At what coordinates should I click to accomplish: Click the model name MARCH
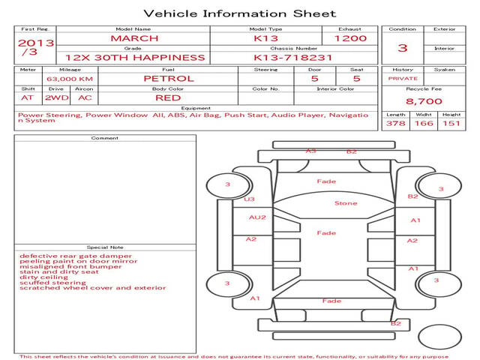click(134, 38)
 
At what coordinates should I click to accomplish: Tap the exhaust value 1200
click(350, 38)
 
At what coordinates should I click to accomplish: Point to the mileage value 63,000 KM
click(69, 79)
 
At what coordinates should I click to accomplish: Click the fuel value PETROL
click(169, 78)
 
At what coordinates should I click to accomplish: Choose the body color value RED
click(169, 97)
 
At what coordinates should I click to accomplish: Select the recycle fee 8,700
click(424, 100)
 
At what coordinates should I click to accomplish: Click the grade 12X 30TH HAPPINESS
click(135, 57)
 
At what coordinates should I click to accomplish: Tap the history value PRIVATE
click(403, 78)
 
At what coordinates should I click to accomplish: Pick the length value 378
click(395, 124)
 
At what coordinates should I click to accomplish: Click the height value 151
click(451, 124)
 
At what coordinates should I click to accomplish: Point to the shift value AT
click(28, 97)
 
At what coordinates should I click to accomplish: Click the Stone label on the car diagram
click(346, 203)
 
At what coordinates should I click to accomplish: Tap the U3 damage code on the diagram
click(250, 199)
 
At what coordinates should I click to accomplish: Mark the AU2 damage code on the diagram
click(257, 217)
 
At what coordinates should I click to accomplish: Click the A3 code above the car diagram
click(310, 151)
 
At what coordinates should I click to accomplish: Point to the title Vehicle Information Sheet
click(239, 13)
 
